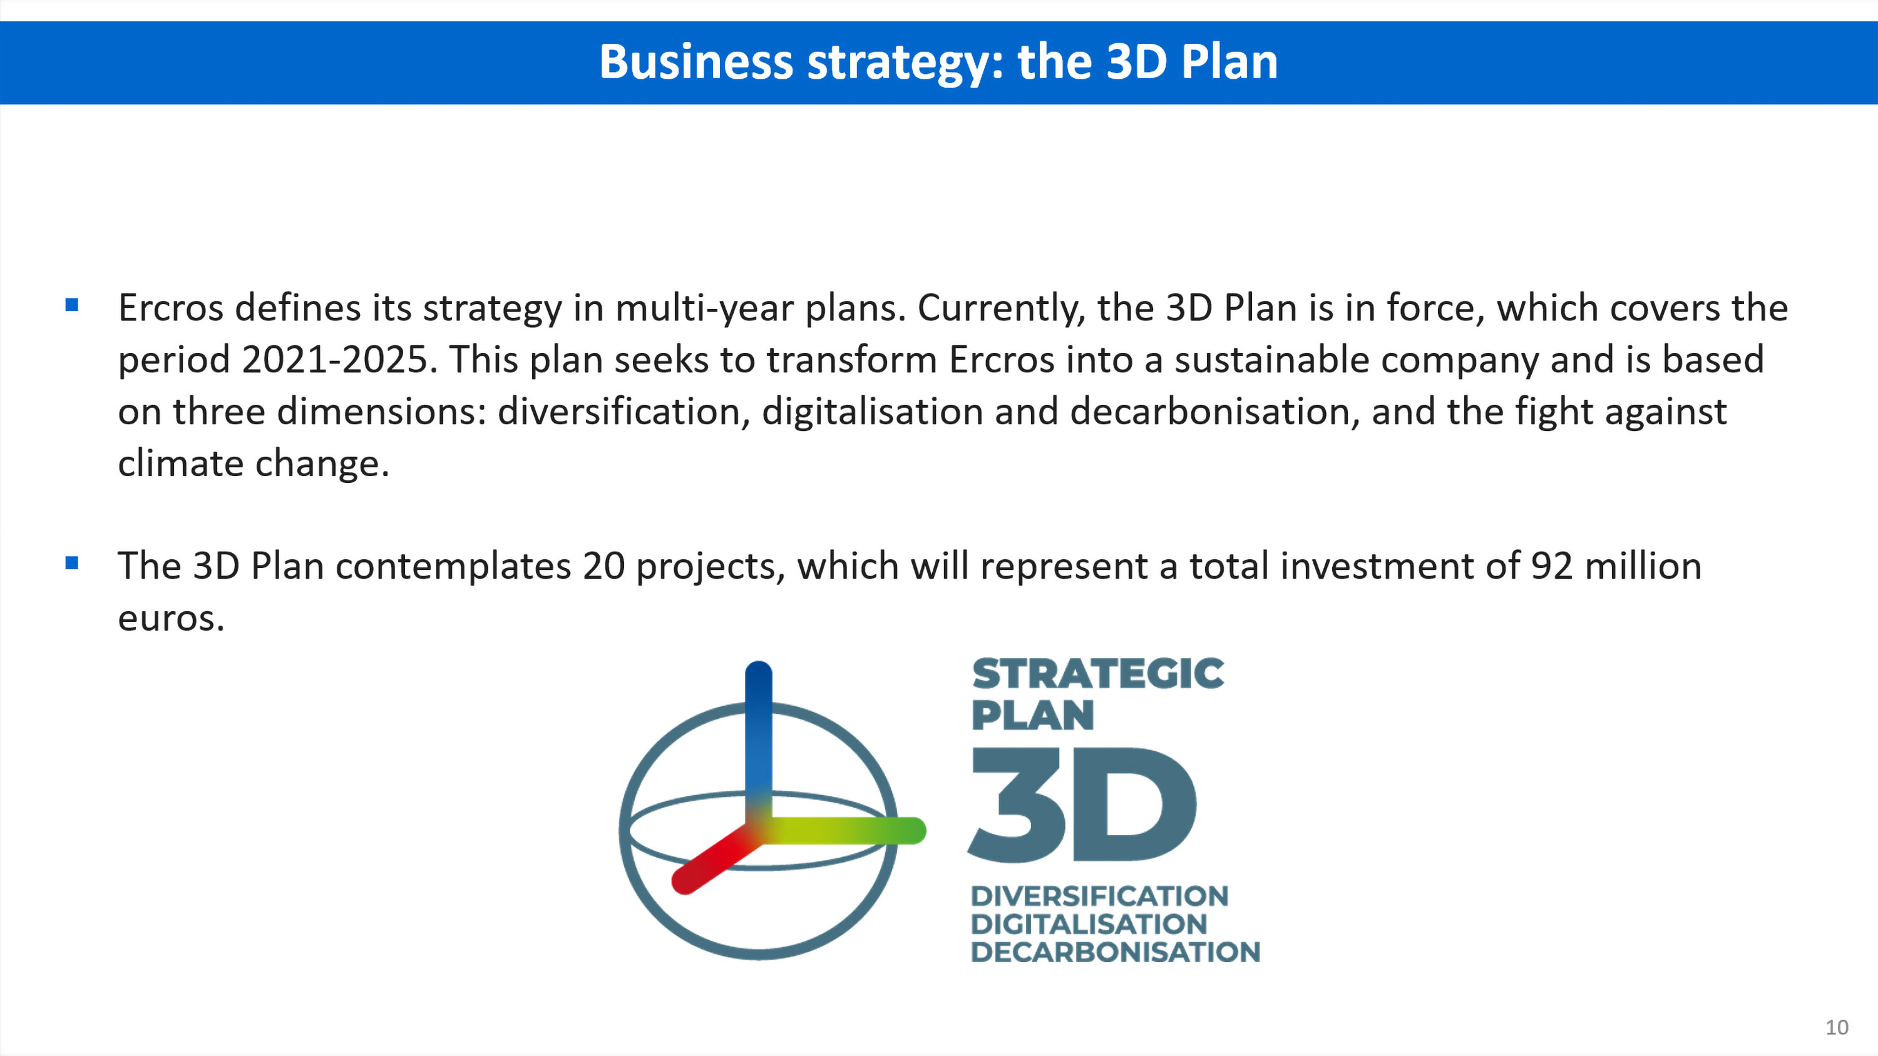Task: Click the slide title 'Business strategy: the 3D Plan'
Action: pos(938,63)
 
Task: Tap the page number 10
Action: pos(1837,1028)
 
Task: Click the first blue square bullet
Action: pos(71,305)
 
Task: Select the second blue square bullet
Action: pos(71,562)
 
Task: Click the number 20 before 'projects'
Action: pos(603,566)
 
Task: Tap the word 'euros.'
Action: pos(172,619)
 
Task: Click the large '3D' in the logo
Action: pos(1082,805)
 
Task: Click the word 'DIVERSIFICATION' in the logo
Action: pos(1099,896)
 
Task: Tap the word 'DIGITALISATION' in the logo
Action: pos(1089,924)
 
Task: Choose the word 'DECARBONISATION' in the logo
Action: pos(1116,952)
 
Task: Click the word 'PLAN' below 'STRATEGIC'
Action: pos(1032,715)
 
